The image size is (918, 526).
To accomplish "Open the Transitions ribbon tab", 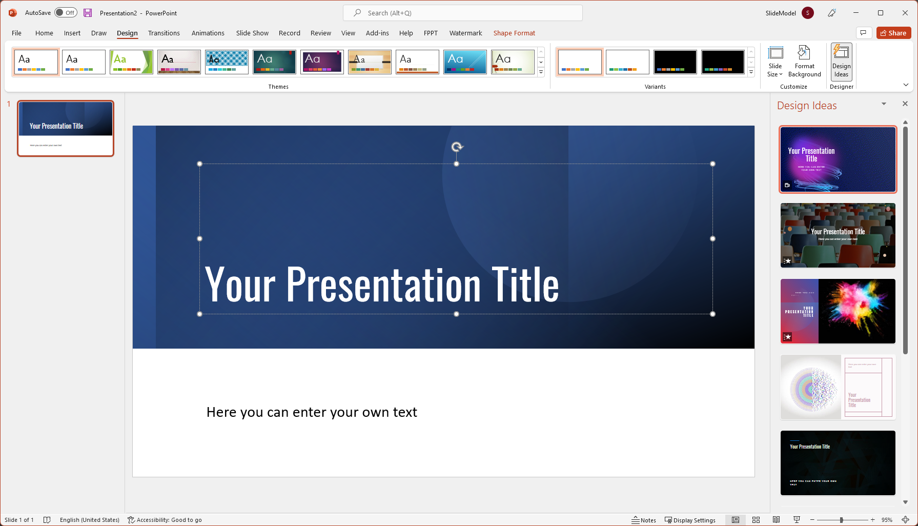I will click(164, 33).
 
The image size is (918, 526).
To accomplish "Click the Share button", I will click(893, 33).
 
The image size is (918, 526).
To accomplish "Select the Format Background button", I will click(804, 62).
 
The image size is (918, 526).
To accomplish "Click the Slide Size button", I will click(775, 62).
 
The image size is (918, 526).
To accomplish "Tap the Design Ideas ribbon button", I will click(841, 62).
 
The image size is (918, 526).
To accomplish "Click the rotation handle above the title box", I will click(457, 147).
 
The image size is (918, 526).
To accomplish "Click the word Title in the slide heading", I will click(525, 285).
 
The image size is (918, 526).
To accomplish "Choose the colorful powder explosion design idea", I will click(838, 311).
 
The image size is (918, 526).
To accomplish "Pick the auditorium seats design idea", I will click(838, 235).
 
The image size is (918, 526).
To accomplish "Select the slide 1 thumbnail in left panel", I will click(66, 128).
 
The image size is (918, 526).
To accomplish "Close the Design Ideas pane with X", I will click(905, 104).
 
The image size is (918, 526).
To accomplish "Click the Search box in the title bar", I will click(462, 13).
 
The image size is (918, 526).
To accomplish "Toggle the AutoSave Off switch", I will click(66, 13).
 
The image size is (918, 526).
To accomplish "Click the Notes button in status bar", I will click(644, 520).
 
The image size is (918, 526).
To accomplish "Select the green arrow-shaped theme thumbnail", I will click(131, 62).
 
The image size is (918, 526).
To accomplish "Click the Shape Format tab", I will click(514, 33).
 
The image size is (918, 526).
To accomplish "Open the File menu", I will click(16, 33).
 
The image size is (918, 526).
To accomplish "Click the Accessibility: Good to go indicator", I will click(165, 520).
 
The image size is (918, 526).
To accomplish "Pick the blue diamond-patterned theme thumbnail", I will click(227, 62).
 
